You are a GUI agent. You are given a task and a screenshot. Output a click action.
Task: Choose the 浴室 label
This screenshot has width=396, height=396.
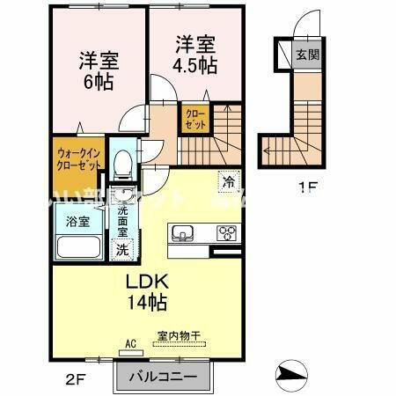77,222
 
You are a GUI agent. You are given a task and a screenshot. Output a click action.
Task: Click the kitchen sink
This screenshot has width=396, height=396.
184,233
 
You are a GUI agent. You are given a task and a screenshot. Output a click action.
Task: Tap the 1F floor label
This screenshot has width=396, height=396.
306,187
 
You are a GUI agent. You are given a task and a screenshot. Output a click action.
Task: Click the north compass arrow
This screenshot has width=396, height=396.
291,375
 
